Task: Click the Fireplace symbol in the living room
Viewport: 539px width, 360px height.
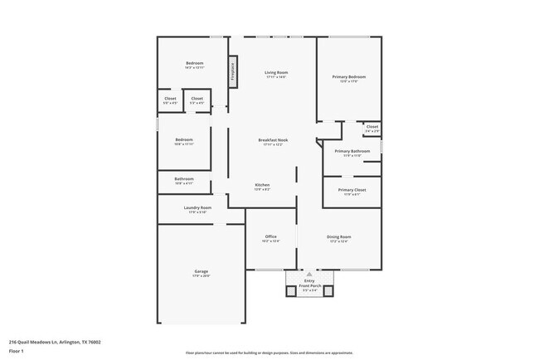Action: tap(233, 71)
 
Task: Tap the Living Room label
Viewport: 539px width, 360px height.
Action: tap(275, 73)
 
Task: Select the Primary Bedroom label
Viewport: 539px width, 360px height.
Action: tap(349, 77)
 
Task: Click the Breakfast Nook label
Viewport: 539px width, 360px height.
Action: tap(272, 140)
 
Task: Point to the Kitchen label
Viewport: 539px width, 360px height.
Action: tap(262, 185)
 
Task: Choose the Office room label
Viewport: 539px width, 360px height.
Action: tap(270, 237)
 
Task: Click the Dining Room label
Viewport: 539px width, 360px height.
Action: tap(339, 237)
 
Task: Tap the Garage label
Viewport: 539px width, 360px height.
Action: tap(201, 273)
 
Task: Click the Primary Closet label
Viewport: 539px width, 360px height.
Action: tap(352, 190)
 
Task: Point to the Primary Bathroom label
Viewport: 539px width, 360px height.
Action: tap(352, 152)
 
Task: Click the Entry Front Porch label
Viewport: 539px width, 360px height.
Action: tap(309, 284)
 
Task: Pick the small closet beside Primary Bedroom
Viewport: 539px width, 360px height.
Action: tap(372, 128)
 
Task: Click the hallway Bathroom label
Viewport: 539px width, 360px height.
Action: tap(183, 179)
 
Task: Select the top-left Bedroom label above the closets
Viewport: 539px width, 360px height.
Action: tap(194, 64)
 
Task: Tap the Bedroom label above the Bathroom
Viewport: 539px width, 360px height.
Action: tap(183, 140)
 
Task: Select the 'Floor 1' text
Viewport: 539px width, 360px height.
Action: tap(17, 350)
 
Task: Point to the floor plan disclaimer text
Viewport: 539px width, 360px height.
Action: tap(269, 353)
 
